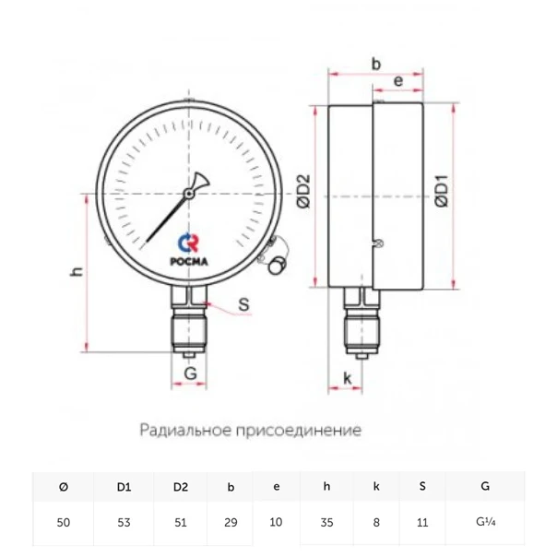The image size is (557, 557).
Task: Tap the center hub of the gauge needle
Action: pyautogui.click(x=188, y=194)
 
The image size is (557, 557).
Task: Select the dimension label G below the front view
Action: pyautogui.click(x=190, y=373)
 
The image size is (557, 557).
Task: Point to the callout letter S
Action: pyautogui.click(x=244, y=303)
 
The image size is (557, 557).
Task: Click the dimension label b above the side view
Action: pyautogui.click(x=375, y=64)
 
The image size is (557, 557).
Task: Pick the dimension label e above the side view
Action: pyautogui.click(x=397, y=81)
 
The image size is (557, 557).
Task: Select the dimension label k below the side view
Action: pyautogui.click(x=347, y=377)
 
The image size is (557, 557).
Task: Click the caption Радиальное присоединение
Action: pyautogui.click(x=250, y=430)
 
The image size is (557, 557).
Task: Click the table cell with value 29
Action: pyautogui.click(x=231, y=522)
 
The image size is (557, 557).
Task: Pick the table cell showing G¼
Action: pyautogui.click(x=484, y=522)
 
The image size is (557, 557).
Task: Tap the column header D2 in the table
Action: pyautogui.click(x=181, y=486)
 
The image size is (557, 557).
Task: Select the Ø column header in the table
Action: pyautogui.click(x=63, y=486)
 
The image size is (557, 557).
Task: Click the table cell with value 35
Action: pyautogui.click(x=326, y=522)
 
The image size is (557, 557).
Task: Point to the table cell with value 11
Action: pyautogui.click(x=422, y=522)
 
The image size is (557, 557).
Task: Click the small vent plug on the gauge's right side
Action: pyautogui.click(x=275, y=266)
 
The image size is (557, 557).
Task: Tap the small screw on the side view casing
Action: pyautogui.click(x=378, y=243)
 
